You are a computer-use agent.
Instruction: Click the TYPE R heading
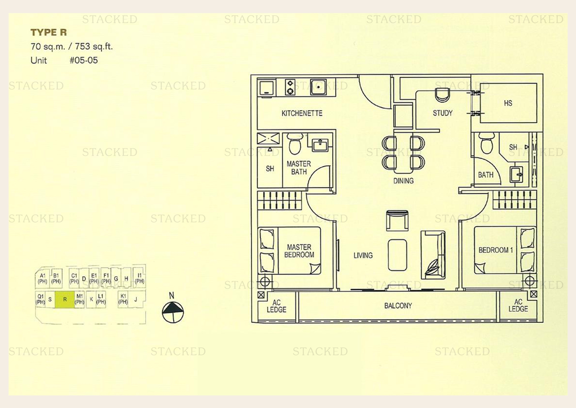(49, 32)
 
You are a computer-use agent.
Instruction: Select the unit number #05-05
(83, 60)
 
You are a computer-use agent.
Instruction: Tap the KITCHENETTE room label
(302, 113)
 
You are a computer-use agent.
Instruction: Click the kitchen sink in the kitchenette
(318, 87)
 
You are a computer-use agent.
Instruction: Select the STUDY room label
(443, 113)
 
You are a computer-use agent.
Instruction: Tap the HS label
(508, 103)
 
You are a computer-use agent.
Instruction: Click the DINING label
(403, 181)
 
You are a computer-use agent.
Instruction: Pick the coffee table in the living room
(397, 255)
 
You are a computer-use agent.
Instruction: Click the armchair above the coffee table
(397, 220)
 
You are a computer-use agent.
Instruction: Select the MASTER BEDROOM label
(299, 251)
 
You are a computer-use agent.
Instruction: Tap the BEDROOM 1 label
(496, 250)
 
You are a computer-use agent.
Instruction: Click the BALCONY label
(398, 306)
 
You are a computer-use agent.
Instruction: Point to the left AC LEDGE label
(277, 306)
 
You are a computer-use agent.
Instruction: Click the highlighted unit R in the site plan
(65, 299)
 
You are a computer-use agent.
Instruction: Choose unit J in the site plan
(136, 299)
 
